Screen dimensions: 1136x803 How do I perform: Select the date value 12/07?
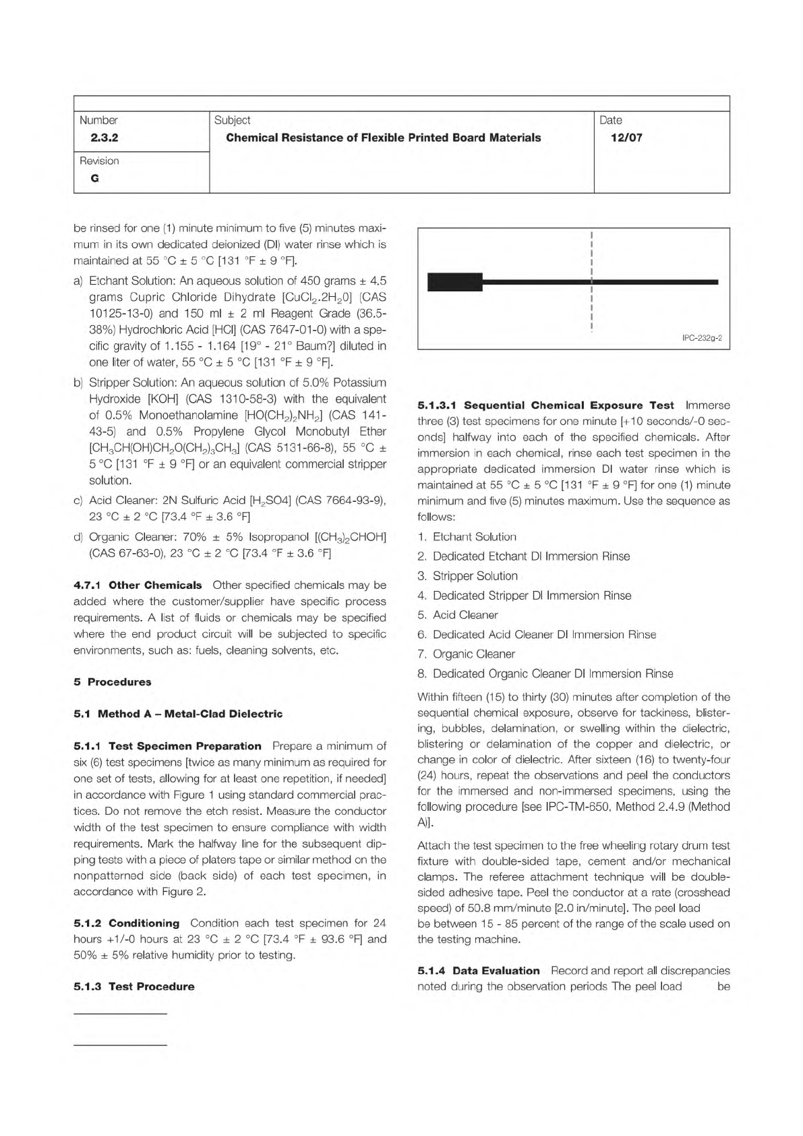click(626, 138)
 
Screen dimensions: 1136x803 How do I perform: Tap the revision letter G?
click(94, 179)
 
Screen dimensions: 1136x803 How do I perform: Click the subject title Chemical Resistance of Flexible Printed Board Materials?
click(383, 138)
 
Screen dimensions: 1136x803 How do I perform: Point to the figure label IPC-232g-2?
click(702, 338)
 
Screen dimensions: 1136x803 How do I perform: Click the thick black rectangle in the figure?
click(455, 282)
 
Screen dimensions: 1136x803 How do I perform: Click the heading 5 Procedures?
click(113, 682)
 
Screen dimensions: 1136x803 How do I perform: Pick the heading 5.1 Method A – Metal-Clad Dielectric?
click(178, 714)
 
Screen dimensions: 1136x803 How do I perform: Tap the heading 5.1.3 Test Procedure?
click(133, 986)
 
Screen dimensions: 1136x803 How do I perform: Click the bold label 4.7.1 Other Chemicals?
click(138, 585)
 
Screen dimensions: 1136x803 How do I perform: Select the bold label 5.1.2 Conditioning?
click(126, 923)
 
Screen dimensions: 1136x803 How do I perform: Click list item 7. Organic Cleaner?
click(467, 654)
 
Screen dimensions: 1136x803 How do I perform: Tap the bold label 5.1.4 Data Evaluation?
click(479, 971)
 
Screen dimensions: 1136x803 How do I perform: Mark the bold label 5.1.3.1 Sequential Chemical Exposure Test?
click(545, 405)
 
